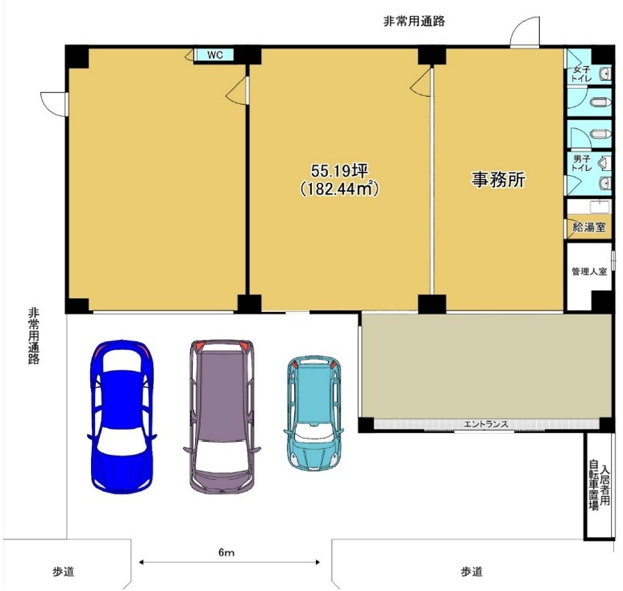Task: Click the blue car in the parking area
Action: (x=122, y=416)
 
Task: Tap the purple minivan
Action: (x=222, y=416)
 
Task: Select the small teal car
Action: (x=314, y=413)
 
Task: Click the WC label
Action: (x=215, y=55)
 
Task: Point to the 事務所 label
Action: (x=498, y=179)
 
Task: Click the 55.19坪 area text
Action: (x=339, y=171)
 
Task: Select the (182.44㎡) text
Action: (x=339, y=189)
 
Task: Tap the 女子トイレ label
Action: (x=581, y=74)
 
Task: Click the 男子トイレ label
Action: (x=582, y=164)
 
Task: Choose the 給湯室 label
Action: (x=589, y=227)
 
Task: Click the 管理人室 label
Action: (x=589, y=272)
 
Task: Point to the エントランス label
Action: (x=486, y=424)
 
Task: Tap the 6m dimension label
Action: (x=226, y=552)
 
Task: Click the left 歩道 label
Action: (x=64, y=572)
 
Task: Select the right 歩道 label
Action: (x=471, y=572)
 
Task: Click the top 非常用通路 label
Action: (x=413, y=21)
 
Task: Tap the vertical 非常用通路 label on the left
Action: (x=34, y=336)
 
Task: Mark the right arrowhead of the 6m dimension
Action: (x=318, y=562)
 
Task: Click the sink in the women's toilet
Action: (x=605, y=73)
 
